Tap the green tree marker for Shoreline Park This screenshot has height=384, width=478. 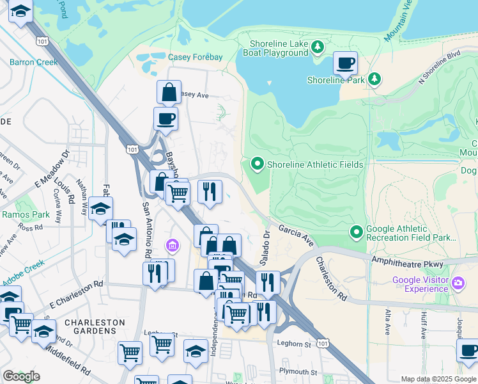[374, 79]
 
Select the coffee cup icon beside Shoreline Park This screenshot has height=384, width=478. [345, 63]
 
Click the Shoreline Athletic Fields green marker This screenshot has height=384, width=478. [258, 164]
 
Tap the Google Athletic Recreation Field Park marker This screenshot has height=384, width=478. [357, 230]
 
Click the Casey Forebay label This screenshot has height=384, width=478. [195, 57]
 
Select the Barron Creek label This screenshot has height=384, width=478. [33, 62]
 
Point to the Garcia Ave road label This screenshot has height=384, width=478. [296, 236]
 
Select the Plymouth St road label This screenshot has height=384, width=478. [297, 372]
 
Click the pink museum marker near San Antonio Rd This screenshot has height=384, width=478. [171, 245]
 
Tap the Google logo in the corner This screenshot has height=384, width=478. [21, 376]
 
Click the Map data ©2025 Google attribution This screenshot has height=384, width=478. [438, 379]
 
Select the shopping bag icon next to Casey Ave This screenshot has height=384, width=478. [169, 92]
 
